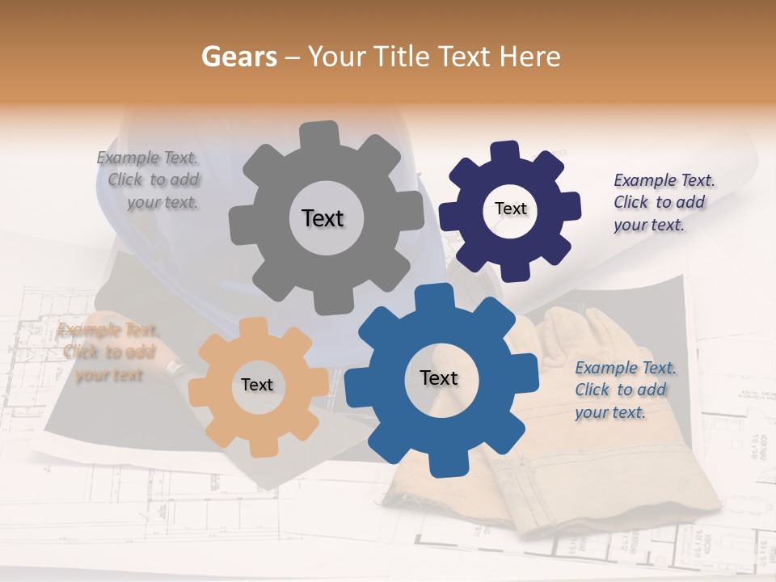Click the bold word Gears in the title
tap(238, 57)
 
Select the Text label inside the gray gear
tap(323, 218)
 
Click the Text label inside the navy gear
tap(510, 209)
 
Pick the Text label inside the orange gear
tap(257, 385)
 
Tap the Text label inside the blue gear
tap(439, 377)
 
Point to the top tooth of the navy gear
tap(505, 152)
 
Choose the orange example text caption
tap(108, 352)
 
